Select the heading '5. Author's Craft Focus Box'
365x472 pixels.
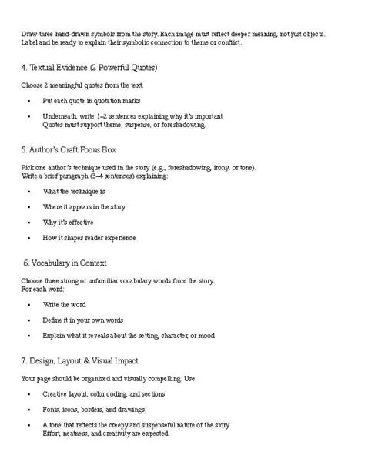[x=69, y=148]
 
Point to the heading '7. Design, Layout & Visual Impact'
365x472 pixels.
[x=80, y=360]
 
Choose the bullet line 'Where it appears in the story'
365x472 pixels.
[x=84, y=206]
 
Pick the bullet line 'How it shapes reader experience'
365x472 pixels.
[x=89, y=237]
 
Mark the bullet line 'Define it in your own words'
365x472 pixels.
[x=83, y=320]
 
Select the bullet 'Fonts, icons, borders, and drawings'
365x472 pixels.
[x=93, y=409]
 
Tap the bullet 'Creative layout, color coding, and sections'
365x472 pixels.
[x=104, y=393]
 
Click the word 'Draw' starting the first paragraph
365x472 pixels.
[x=28, y=35]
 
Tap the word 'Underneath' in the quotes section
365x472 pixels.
[x=60, y=115]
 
